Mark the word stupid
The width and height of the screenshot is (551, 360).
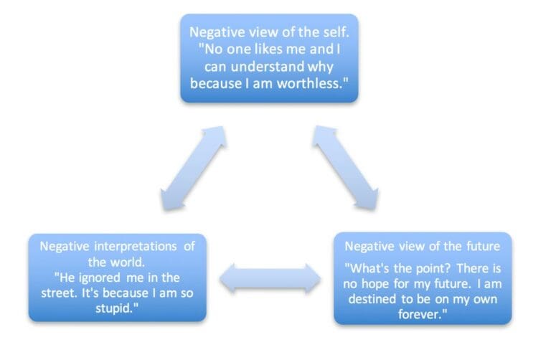[117, 309]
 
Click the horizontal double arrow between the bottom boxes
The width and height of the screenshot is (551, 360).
[270, 278]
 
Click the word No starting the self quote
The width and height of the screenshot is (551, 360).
[205, 50]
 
